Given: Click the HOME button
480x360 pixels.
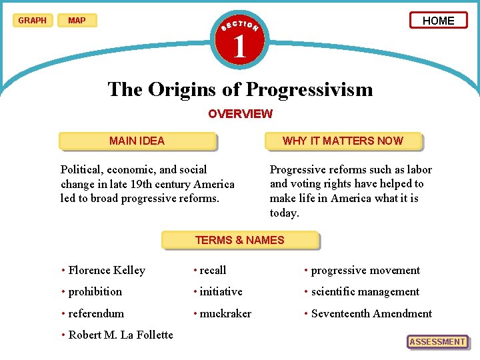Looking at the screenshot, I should (438, 21).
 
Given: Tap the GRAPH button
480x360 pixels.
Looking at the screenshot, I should (32, 21).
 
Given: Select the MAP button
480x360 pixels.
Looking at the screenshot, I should (77, 21).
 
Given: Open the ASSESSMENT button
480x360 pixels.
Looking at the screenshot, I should (437, 342).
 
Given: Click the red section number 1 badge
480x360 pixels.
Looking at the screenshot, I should (239, 45).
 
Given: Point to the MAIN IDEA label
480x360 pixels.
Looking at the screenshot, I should (137, 141).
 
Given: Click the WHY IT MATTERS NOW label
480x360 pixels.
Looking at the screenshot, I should (343, 141).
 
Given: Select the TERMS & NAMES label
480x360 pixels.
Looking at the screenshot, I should (239, 240).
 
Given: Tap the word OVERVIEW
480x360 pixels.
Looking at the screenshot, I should (240, 113).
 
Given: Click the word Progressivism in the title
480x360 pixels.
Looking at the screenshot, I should (309, 89).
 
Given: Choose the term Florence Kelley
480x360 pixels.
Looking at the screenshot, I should (107, 271).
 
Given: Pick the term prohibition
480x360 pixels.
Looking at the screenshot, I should (95, 292).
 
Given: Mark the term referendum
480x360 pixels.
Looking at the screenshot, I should (96, 313).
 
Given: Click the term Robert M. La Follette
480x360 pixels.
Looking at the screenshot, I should (121, 335).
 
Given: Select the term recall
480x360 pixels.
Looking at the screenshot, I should (213, 271).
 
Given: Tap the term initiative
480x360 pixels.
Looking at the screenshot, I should (221, 292).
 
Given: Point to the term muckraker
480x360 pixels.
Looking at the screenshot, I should (225, 313).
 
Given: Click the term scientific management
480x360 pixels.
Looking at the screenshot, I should (365, 292).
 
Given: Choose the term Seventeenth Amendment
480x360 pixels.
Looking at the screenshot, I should (371, 313).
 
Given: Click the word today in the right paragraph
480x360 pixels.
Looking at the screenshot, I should (285, 213).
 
